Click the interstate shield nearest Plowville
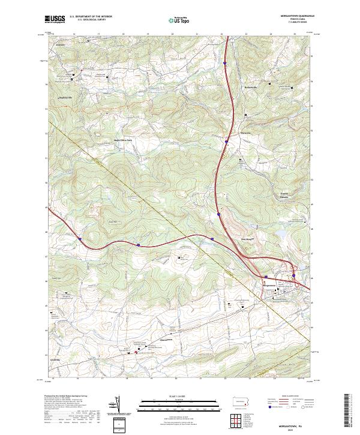coord(226,142)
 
